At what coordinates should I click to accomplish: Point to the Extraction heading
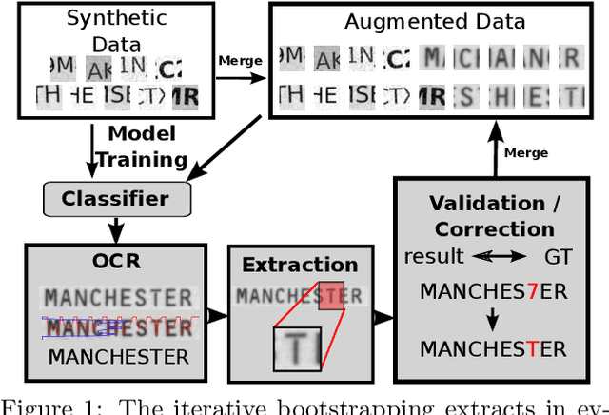[x=300, y=266]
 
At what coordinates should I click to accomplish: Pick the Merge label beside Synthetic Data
[x=241, y=60]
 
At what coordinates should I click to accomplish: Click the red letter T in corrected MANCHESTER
[x=533, y=349]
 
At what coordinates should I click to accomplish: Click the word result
[x=434, y=257]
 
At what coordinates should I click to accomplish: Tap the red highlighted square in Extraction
[x=330, y=296]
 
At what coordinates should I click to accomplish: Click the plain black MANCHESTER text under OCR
[x=118, y=357]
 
